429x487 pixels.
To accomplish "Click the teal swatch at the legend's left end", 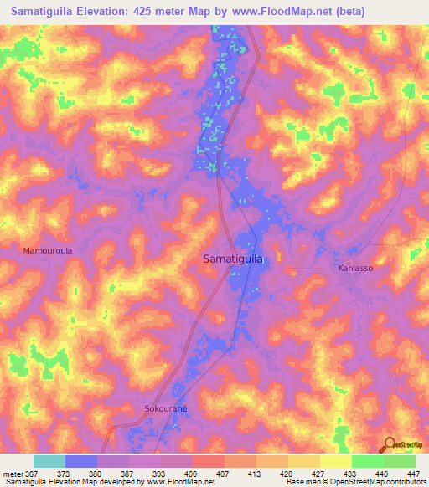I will click(x=49, y=461).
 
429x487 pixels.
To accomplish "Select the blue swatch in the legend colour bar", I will click(x=81, y=461).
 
